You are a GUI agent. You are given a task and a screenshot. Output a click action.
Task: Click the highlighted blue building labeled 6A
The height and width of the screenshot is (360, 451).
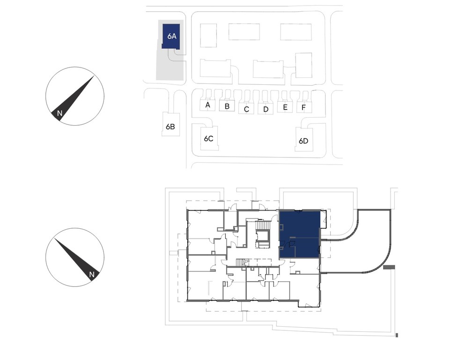pos(171,36)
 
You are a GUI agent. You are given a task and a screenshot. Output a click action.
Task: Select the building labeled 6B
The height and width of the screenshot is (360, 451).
pos(170,124)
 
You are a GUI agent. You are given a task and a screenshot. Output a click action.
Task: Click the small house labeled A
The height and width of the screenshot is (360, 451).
pos(207,105)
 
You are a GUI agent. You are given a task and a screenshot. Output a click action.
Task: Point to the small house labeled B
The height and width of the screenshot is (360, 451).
pos(227,105)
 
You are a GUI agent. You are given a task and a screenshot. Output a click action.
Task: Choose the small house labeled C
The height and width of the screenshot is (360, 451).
pos(246,109)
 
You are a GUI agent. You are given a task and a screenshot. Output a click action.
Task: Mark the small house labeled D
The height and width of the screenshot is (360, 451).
pos(266,109)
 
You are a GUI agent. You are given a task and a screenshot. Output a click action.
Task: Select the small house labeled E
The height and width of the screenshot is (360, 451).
pos(285,106)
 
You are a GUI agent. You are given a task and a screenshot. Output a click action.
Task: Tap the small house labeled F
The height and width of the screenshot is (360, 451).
pos(304,107)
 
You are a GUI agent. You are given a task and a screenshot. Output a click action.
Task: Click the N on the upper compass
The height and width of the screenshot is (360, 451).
pos(59,113)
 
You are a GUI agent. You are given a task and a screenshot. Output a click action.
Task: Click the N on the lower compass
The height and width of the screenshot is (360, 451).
pos(92,275)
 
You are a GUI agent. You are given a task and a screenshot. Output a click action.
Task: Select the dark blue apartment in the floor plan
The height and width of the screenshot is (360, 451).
pos(299,234)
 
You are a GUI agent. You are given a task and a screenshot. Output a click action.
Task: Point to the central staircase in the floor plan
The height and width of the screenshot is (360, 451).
pos(264,225)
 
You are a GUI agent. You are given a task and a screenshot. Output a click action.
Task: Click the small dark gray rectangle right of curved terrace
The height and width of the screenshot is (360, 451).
pos(390,268)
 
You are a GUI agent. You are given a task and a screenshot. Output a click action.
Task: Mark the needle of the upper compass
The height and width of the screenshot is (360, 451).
pos(73,99)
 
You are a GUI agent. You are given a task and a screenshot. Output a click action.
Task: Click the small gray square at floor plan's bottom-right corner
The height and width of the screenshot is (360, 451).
pos(397,335)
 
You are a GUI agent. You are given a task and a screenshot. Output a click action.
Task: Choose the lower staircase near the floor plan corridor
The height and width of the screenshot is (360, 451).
pos(242,262)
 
